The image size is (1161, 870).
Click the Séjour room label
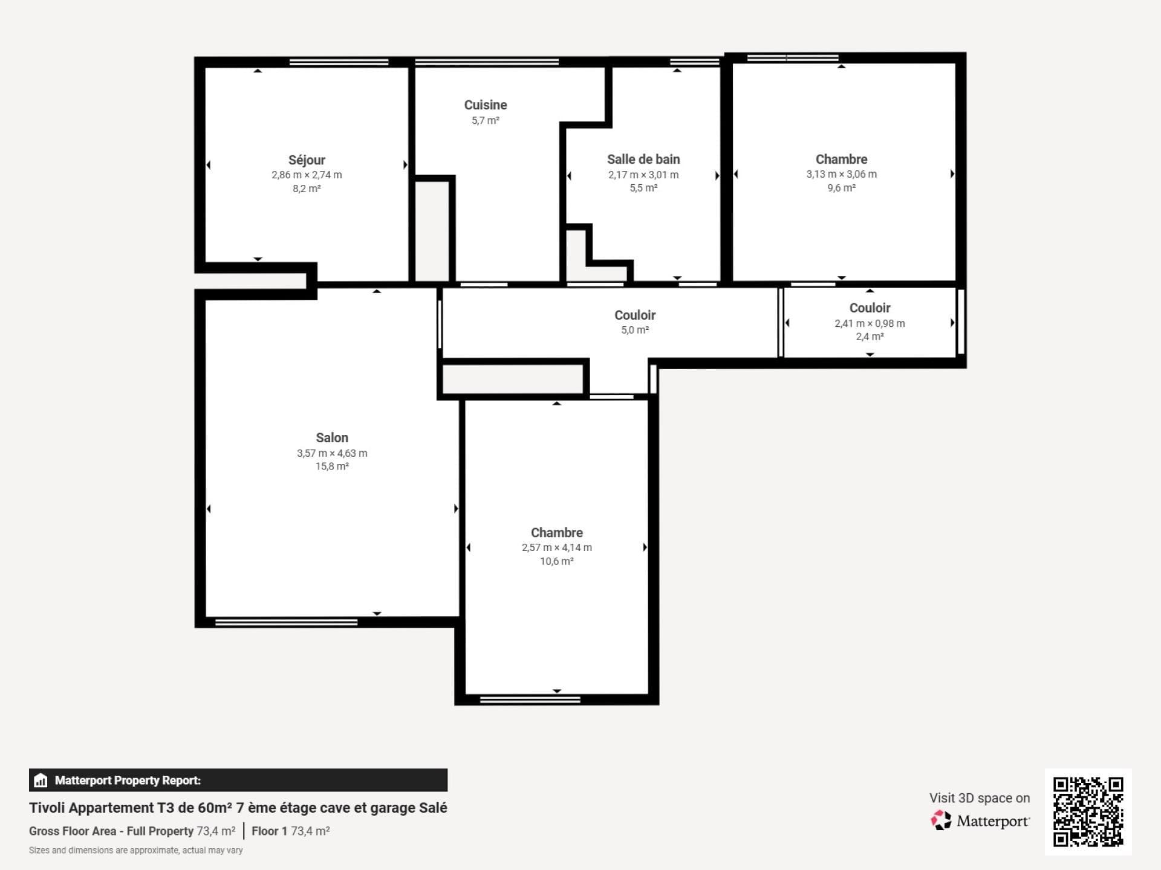307,160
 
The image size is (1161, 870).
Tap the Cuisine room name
486,105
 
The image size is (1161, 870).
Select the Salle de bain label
643,159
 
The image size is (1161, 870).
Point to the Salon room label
332,437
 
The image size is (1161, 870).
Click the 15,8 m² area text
332,466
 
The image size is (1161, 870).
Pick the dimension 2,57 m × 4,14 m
557,547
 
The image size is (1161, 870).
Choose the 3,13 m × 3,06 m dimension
841,174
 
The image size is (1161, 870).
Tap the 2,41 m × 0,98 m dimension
870,323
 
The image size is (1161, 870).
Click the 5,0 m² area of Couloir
635,330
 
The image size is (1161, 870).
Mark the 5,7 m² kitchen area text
486,120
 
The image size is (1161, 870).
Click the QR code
1088,811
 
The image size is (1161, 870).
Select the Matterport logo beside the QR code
980,820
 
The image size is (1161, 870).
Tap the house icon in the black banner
41,780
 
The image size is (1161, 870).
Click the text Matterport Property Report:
128,780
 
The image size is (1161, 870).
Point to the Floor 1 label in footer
269,831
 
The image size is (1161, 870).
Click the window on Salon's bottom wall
286,622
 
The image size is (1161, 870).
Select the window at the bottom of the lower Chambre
530,700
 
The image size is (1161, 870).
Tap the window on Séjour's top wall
339,62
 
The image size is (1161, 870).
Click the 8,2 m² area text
307,188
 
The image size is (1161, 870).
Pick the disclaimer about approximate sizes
136,850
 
